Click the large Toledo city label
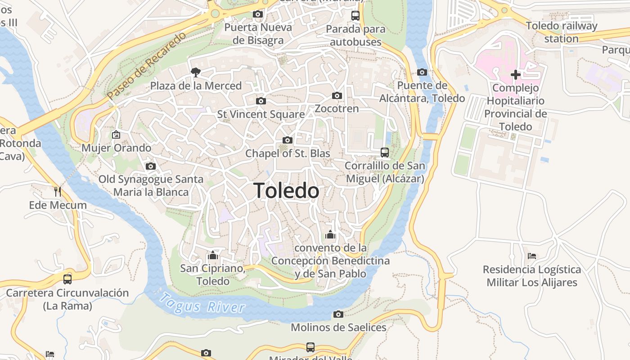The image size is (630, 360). coord(287,191)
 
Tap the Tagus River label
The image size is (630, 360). coord(203,303)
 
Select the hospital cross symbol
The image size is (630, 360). coord(516,74)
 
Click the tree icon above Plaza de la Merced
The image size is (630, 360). coord(195,72)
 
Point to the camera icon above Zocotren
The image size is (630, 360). coord(337,95)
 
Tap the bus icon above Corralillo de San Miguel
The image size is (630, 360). coord(384,152)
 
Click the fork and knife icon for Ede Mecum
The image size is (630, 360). coord(58,192)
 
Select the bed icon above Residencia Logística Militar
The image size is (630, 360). coord(532,256)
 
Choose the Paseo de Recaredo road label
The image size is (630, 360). coord(146,66)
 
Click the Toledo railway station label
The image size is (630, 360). coord(561,32)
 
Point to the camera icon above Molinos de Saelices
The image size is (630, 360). coord(338,314)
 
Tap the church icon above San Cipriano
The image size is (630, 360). coord(213,255)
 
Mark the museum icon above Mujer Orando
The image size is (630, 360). coord(116,134)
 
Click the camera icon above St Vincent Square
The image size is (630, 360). coord(261,101)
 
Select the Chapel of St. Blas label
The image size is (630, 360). coord(288,153)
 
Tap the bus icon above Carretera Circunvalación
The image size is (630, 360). coord(67,279)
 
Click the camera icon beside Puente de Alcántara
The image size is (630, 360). coord(422,72)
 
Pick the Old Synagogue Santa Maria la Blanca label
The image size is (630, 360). coord(151,185)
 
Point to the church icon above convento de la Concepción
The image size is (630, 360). coord(330,234)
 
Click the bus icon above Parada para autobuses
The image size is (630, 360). coord(355,16)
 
